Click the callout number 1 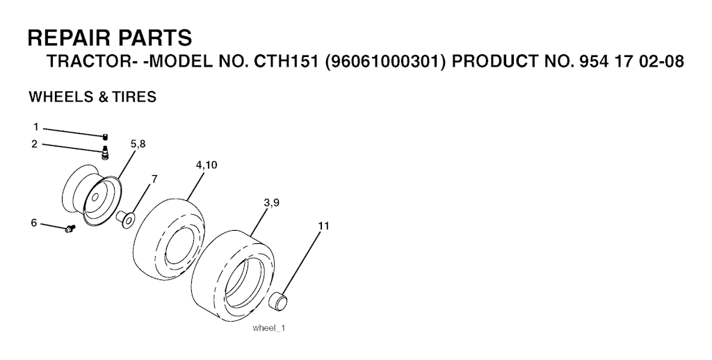(x=36, y=127)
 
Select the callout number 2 (x=35, y=145)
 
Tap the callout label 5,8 (x=138, y=144)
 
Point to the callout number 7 (x=154, y=179)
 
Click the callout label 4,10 (x=207, y=165)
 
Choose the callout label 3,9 (x=271, y=202)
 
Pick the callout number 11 (x=324, y=226)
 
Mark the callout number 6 (x=34, y=223)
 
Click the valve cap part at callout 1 (x=106, y=137)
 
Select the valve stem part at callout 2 (x=106, y=152)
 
